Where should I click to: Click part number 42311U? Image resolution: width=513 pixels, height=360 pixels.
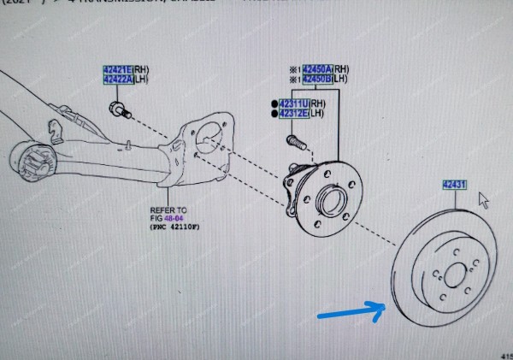coord(292,103)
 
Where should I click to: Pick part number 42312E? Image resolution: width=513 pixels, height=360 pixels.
coord(292,113)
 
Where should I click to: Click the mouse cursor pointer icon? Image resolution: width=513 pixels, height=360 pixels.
coord(484,199)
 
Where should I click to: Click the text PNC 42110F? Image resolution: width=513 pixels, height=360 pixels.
coord(179,227)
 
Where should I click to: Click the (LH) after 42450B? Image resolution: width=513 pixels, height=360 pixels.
coord(339,80)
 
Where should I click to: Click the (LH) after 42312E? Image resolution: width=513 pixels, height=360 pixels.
coord(315,113)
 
